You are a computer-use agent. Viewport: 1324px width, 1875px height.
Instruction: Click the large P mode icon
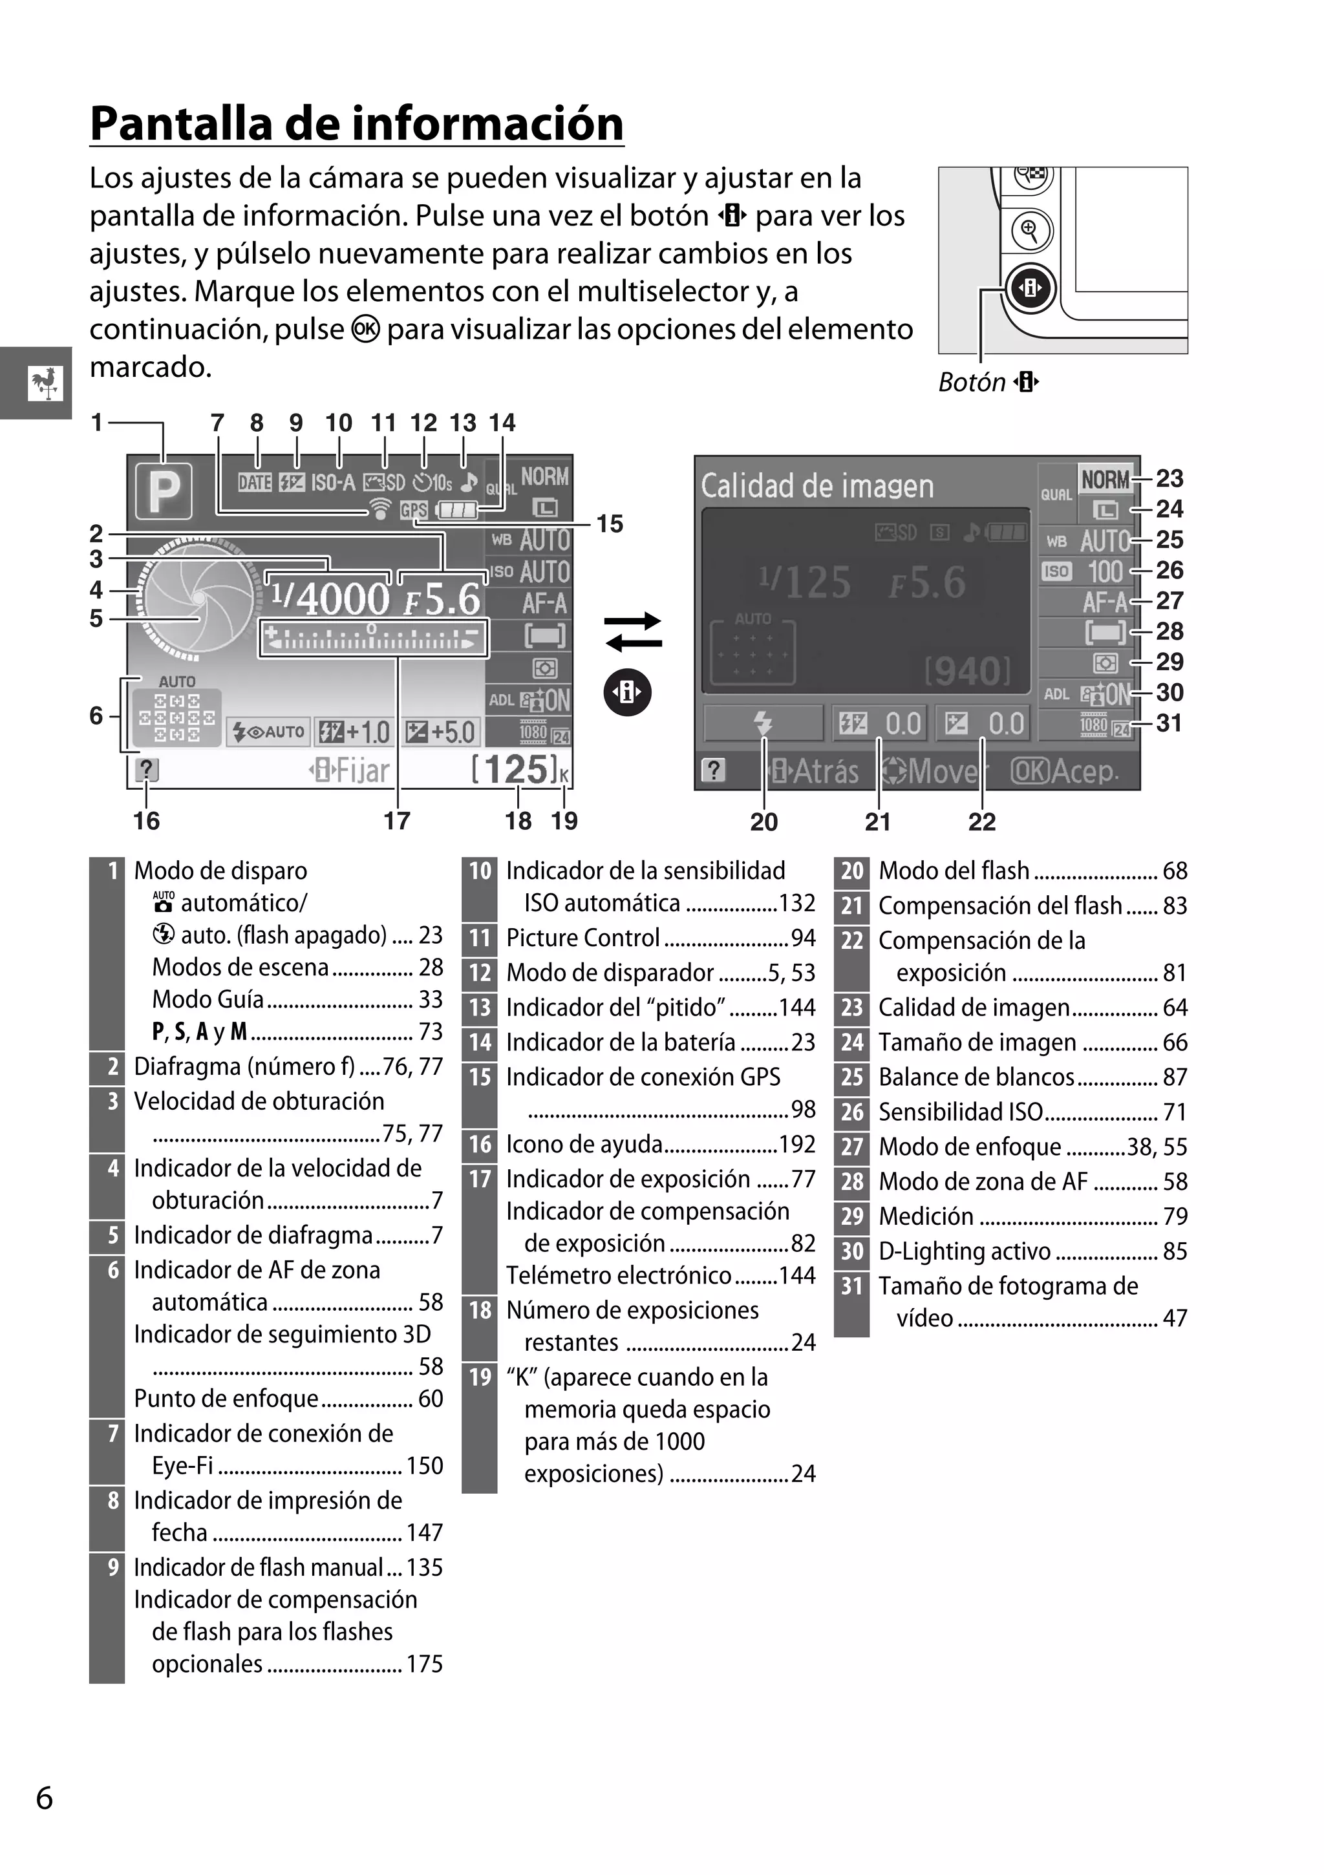[x=164, y=491]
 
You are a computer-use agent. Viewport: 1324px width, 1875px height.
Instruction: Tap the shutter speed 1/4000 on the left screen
[x=331, y=599]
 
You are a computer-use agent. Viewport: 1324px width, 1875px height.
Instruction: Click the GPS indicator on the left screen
[x=413, y=511]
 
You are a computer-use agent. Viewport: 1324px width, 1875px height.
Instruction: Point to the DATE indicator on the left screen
[x=254, y=483]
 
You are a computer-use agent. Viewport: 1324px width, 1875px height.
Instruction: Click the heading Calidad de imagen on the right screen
[x=817, y=487]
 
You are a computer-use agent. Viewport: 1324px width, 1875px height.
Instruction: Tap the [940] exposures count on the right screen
[x=967, y=672]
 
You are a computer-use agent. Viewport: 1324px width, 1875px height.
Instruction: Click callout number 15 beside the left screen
[x=610, y=524]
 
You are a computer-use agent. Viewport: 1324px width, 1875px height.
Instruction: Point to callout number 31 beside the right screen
[x=1169, y=723]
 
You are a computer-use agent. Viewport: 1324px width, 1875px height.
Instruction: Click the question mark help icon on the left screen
[x=146, y=769]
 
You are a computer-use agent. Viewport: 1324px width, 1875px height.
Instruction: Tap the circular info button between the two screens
[x=627, y=692]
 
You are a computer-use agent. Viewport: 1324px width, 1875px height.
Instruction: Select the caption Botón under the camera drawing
[x=972, y=382]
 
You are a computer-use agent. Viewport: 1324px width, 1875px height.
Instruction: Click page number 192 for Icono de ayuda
[x=797, y=1144]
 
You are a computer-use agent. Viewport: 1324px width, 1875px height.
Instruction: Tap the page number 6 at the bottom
[x=44, y=1798]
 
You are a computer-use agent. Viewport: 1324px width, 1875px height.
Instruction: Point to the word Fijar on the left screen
[x=363, y=770]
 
